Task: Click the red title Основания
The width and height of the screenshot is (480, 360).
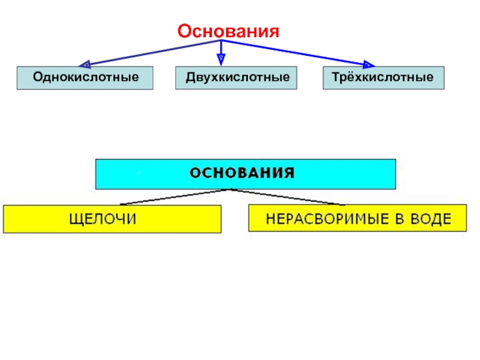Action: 228,31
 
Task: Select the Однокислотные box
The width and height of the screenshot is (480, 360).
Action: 85,78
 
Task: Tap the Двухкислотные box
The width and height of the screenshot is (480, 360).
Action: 236,78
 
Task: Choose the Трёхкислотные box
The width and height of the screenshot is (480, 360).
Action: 383,78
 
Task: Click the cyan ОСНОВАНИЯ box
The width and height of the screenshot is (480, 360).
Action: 245,174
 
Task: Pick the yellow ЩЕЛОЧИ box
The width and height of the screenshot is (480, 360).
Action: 112,219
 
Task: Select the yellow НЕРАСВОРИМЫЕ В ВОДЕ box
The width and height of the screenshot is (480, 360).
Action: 358,218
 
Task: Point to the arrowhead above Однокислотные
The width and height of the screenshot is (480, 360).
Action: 86,63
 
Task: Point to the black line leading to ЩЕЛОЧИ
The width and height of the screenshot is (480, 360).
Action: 174,197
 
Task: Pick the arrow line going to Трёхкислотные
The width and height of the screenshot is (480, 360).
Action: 294,52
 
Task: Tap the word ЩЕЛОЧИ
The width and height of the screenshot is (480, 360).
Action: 103,220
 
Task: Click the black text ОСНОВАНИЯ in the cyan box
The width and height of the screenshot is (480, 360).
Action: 242,174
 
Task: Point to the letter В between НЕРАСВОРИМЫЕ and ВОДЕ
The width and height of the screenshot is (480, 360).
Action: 397,219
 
